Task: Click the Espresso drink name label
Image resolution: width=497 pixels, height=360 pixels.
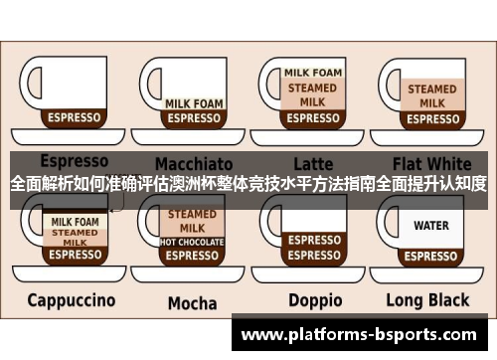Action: pyautogui.click(x=74, y=160)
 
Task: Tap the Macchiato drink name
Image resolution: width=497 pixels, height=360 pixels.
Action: pyautogui.click(x=193, y=162)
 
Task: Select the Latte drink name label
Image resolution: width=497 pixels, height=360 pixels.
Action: pyautogui.click(x=313, y=162)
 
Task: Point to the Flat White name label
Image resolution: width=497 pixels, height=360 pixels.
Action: pyautogui.click(x=431, y=162)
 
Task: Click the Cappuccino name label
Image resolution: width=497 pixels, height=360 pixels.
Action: pyautogui.click(x=71, y=299)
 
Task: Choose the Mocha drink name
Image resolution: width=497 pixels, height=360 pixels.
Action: pyautogui.click(x=192, y=302)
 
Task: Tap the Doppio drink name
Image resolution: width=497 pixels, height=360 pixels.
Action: pyautogui.click(x=315, y=300)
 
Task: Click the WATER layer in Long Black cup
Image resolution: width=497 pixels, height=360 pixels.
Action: pyautogui.click(x=431, y=226)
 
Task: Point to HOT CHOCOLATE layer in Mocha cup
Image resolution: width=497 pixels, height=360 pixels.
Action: pyautogui.click(x=192, y=242)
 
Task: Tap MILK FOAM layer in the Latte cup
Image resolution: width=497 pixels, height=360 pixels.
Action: pyautogui.click(x=313, y=73)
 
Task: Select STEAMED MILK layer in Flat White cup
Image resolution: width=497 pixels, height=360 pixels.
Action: pyautogui.click(x=431, y=95)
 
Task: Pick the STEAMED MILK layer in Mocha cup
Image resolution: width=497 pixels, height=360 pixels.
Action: pyautogui.click(x=192, y=221)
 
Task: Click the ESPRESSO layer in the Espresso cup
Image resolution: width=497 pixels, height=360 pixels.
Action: pyautogui.click(x=75, y=117)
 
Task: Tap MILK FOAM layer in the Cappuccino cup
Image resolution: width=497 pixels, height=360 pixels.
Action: pyautogui.click(x=75, y=221)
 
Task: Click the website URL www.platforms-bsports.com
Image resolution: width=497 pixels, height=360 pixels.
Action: pyautogui.click(x=364, y=334)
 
